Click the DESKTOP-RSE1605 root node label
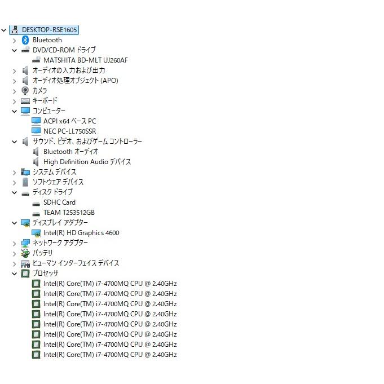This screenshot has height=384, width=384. (49, 30)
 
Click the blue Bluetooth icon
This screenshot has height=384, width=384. (25, 40)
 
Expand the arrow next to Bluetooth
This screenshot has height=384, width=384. (15, 41)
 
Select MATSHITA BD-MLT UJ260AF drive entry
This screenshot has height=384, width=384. (86, 60)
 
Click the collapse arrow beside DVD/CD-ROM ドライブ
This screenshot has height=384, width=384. (15, 50)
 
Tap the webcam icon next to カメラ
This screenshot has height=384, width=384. (25, 91)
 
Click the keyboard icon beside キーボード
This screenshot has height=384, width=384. (25, 101)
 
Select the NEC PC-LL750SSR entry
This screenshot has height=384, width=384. (69, 131)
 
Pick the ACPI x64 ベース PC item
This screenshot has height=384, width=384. (69, 121)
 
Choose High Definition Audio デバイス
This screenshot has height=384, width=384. (87, 162)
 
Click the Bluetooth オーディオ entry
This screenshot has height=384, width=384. (70, 152)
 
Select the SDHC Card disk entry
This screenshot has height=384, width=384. (59, 202)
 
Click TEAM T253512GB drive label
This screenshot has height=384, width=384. (69, 213)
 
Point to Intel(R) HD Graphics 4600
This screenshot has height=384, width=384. (81, 233)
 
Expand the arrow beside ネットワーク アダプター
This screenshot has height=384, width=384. (15, 244)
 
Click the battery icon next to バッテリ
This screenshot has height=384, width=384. (25, 253)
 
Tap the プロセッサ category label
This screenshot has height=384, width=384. (45, 273)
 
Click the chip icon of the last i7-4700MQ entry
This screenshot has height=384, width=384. (36, 355)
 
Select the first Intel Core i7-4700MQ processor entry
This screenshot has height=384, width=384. (110, 284)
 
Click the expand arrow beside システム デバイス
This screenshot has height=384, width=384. (15, 173)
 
